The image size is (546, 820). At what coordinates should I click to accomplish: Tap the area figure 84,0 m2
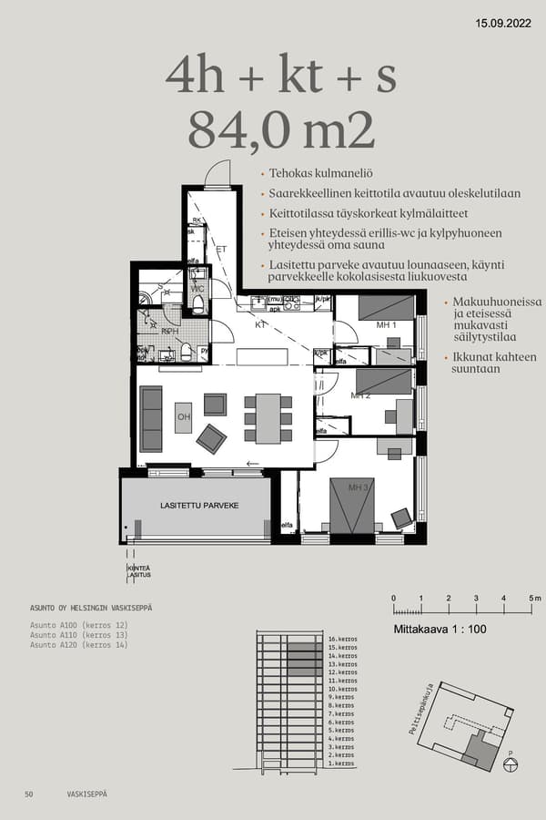[281, 130]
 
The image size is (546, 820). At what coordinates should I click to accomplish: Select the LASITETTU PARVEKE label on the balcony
[198, 505]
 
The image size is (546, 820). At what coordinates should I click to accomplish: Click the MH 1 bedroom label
[387, 325]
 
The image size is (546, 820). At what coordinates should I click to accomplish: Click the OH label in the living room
[184, 416]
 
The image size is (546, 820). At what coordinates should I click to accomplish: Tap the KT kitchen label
[260, 323]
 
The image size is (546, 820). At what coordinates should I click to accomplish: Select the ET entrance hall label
[220, 248]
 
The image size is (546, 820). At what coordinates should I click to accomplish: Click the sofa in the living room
[151, 419]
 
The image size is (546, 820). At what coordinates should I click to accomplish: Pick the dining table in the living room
[268, 417]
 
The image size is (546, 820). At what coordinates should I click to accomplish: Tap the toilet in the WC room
[197, 302]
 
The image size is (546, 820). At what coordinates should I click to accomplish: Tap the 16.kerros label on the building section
[341, 641]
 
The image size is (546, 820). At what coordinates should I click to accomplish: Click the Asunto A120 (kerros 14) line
[79, 644]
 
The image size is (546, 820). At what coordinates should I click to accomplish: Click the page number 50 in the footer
[29, 794]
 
